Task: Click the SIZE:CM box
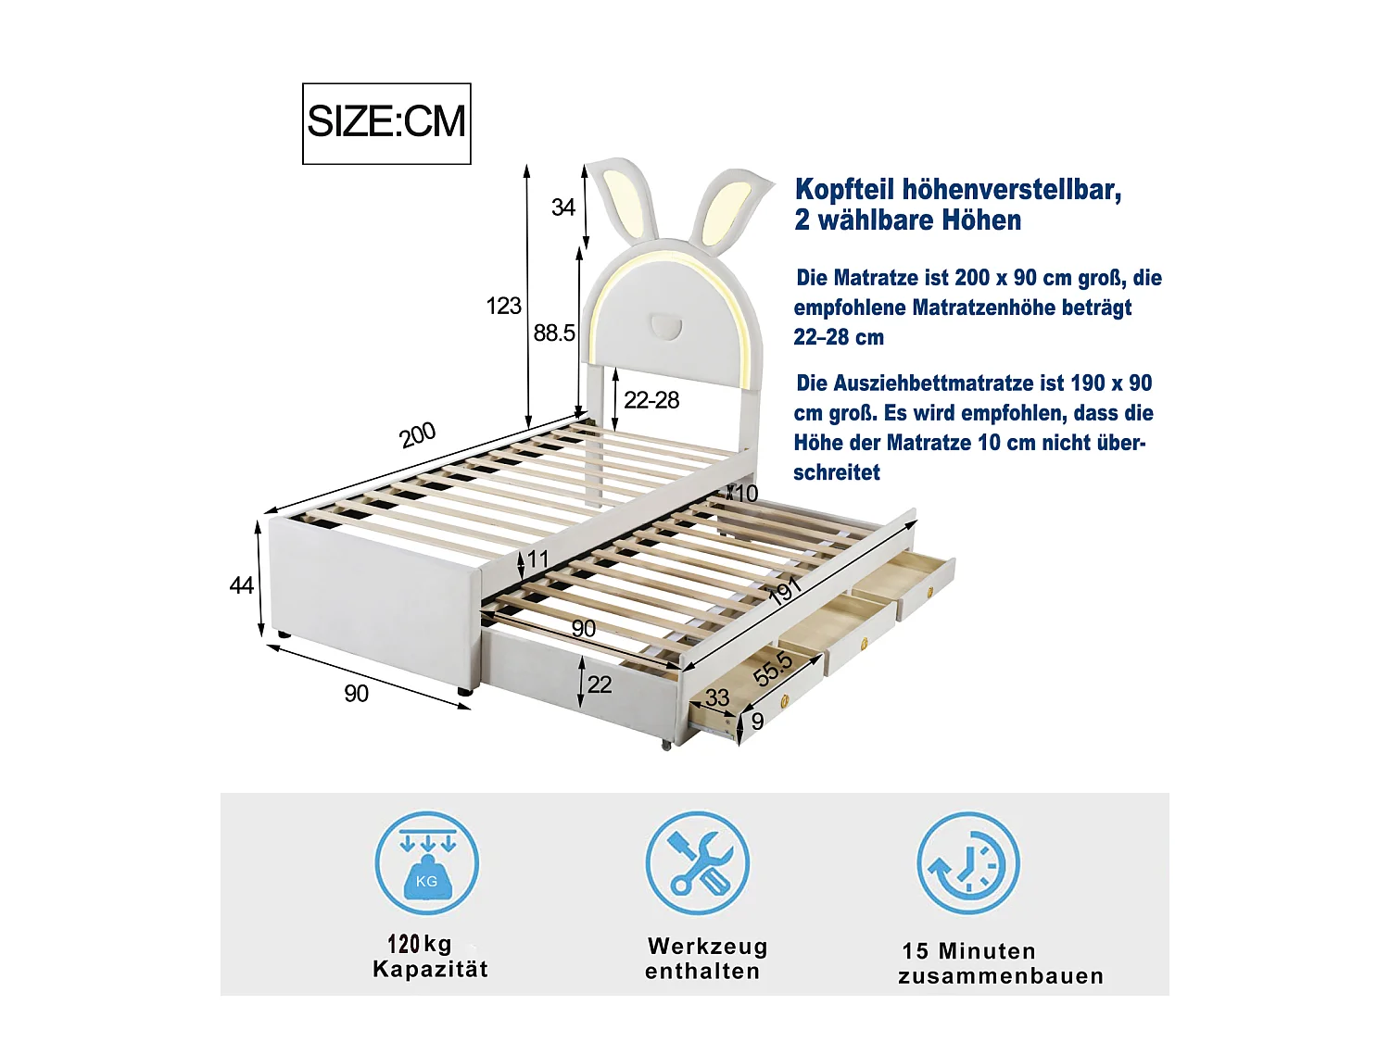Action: [x=386, y=123]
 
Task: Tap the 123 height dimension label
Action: [x=503, y=307]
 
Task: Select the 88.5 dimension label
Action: [x=554, y=333]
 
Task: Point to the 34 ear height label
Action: [x=563, y=207]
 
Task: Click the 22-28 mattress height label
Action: [x=651, y=400]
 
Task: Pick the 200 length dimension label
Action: [x=417, y=434]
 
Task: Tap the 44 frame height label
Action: [x=241, y=586]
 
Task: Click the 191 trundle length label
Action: [x=785, y=591]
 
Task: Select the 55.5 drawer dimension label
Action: [x=773, y=670]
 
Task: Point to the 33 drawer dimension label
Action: [x=717, y=697]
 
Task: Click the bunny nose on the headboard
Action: [x=666, y=327]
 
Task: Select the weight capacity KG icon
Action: [x=427, y=863]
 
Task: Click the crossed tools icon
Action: [x=698, y=863]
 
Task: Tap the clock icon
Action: [x=968, y=863]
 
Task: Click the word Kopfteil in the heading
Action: [x=845, y=190]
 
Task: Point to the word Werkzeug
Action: [x=707, y=947]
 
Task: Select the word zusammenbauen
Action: [x=1001, y=976]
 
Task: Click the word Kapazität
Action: [x=431, y=969]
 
